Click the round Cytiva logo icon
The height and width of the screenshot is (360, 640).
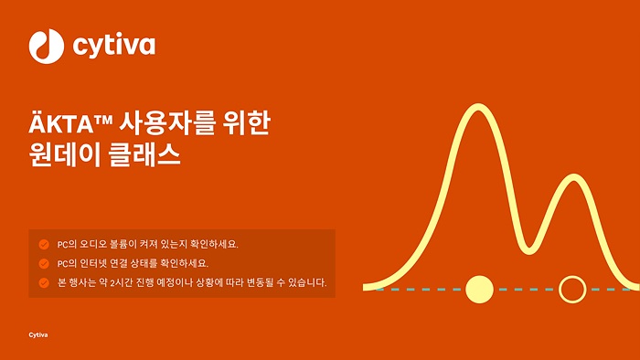(45, 44)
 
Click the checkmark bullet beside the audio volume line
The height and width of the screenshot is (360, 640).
(43, 244)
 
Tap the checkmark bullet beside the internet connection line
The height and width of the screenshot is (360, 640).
(43, 263)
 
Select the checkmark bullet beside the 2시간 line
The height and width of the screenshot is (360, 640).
(43, 281)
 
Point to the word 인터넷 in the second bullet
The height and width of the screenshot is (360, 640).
(92, 263)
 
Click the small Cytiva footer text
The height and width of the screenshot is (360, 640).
(38, 334)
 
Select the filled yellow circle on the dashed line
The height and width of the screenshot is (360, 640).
(479, 289)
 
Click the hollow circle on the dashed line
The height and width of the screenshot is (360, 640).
(572, 289)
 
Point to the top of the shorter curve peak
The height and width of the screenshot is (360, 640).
(573, 177)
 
